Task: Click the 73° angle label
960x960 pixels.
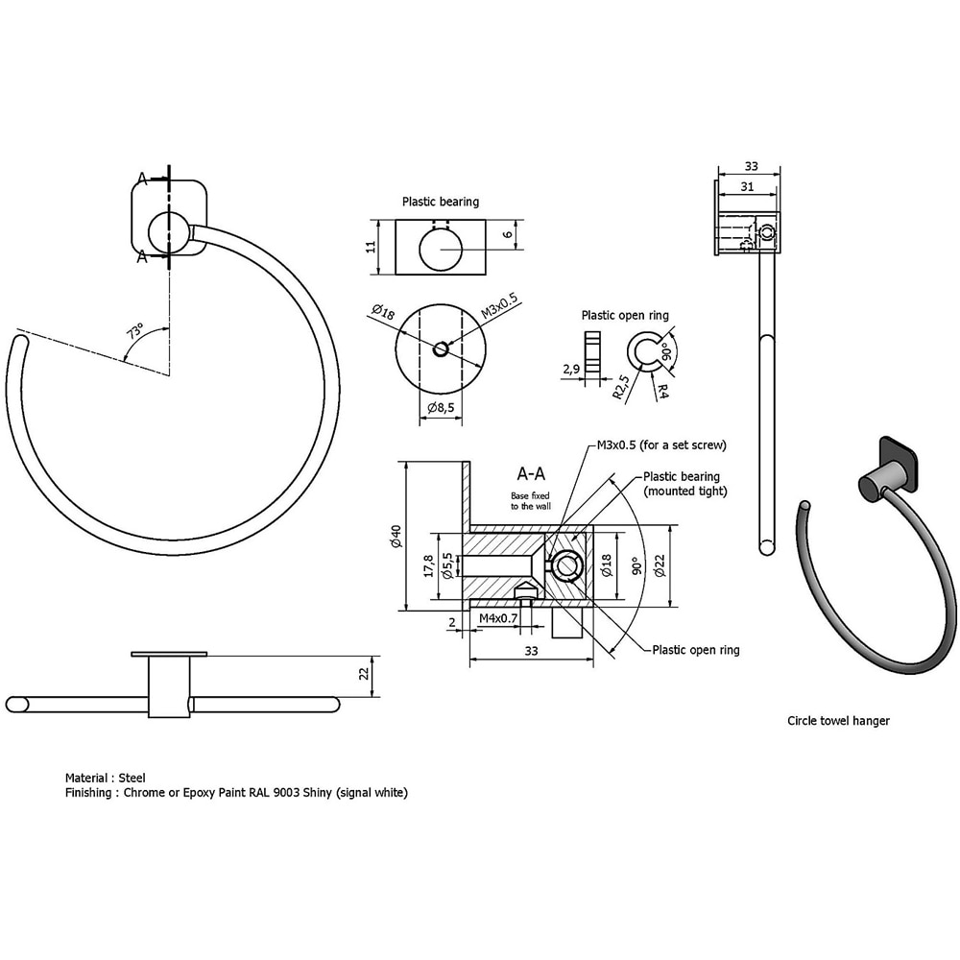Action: coord(135,333)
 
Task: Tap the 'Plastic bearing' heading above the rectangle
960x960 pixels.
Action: coord(441,202)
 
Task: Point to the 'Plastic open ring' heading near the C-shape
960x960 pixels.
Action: coord(625,315)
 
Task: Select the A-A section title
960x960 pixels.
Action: coord(533,473)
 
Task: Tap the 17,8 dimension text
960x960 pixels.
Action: coord(429,566)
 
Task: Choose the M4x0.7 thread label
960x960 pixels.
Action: coord(498,619)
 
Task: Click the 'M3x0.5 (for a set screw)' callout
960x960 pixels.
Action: coord(661,444)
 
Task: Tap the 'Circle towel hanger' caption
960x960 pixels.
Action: coord(838,720)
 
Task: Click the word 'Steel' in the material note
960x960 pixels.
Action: coord(132,778)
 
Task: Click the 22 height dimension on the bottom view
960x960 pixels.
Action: coord(364,674)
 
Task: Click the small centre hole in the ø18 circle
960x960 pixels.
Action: coord(440,349)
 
